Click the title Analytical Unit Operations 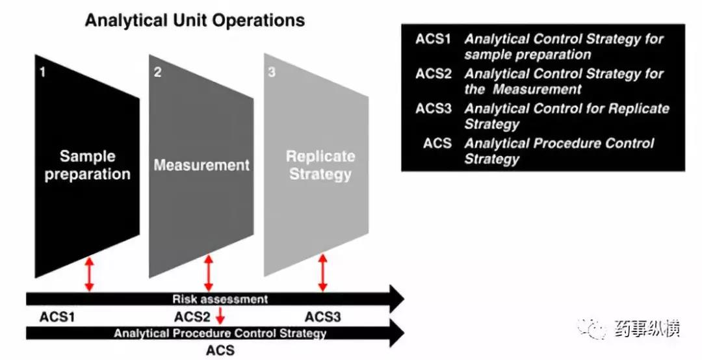pos(195,21)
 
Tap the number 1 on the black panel pos(43,72)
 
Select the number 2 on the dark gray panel pos(157,72)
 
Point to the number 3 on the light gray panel pos(272,72)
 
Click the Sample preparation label pos(88,165)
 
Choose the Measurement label pos(201,165)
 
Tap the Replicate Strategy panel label pos(320,165)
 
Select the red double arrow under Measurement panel pos(209,273)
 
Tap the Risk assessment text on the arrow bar pos(220,299)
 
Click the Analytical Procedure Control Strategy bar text pos(220,333)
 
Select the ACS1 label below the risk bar pos(58,317)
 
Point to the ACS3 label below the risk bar pos(323,317)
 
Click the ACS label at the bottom pos(220,351)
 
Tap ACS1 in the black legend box pos(434,39)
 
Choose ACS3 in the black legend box pos(434,109)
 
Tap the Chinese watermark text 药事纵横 pos(646,329)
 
